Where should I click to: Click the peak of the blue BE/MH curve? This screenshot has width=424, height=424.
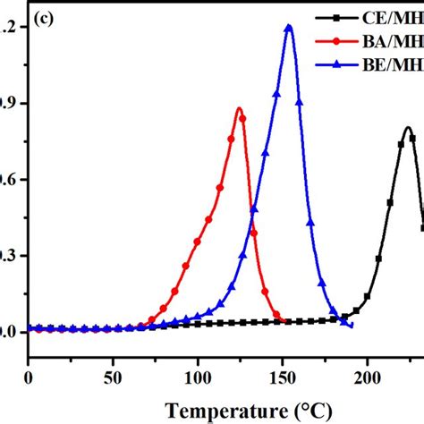tap(288, 26)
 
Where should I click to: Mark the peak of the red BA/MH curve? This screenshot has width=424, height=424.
tap(239, 109)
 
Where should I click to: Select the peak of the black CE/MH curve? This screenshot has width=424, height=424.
tap(407, 128)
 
